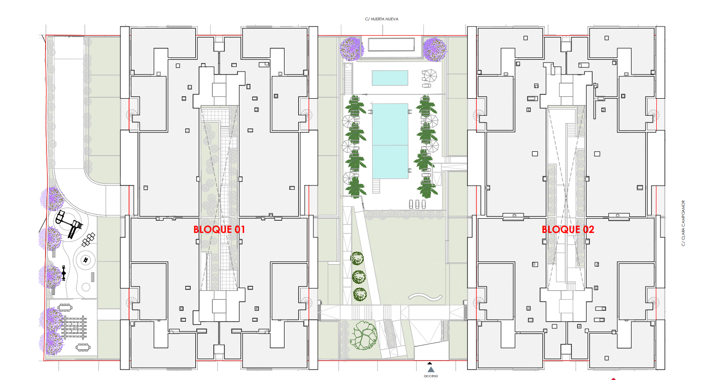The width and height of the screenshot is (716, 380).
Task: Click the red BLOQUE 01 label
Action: click(x=219, y=229)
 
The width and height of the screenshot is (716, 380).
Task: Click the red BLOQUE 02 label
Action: click(x=568, y=229)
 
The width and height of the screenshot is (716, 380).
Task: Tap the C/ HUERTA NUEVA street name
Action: click(x=382, y=19)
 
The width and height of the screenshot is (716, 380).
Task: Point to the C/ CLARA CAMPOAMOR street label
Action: click(x=683, y=223)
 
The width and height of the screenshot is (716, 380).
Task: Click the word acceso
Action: click(x=431, y=376)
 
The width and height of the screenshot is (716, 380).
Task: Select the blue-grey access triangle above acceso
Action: click(x=431, y=370)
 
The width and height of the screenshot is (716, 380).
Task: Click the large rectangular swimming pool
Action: click(x=390, y=141)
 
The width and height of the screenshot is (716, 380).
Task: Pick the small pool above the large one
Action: click(x=390, y=78)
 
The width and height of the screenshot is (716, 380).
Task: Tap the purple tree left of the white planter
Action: click(x=352, y=49)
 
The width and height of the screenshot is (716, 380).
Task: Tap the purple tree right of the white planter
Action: click(x=435, y=50)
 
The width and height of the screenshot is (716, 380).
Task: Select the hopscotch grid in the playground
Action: click(x=89, y=240)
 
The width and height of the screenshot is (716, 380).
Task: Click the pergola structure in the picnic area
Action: click(x=74, y=327)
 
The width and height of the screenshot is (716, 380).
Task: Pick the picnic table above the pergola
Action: click(x=65, y=308)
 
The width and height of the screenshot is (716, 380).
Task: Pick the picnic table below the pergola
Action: click(x=83, y=347)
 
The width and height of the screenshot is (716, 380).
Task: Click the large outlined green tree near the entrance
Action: click(x=364, y=335)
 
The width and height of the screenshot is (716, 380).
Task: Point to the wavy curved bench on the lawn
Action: click(x=425, y=297)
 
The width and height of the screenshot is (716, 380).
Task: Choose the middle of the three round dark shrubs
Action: click(x=358, y=277)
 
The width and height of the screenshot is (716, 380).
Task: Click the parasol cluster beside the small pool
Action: click(x=429, y=76)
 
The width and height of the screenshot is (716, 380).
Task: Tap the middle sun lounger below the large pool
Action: click(x=417, y=204)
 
